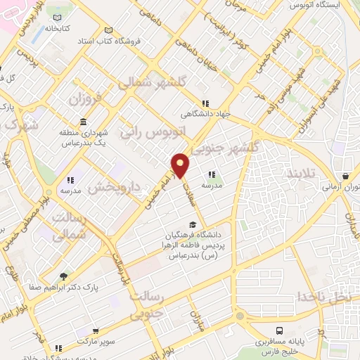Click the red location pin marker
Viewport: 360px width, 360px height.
pyautogui.click(x=181, y=165)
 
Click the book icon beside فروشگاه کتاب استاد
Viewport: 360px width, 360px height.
pyautogui.click(x=108, y=30)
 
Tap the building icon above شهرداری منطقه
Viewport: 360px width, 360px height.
pyautogui.click(x=83, y=122)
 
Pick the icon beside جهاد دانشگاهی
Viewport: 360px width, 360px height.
pyautogui.click(x=205, y=103)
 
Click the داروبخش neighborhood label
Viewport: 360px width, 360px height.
pyautogui.click(x=117, y=187)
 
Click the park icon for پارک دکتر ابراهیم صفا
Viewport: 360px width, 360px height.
pyautogui.click(x=65, y=276)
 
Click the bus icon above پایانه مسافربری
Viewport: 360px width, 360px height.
pyautogui.click(x=281, y=330)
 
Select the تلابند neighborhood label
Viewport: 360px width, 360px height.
pyautogui.click(x=305, y=173)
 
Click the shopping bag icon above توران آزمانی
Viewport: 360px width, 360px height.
pyautogui.click(x=345, y=176)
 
